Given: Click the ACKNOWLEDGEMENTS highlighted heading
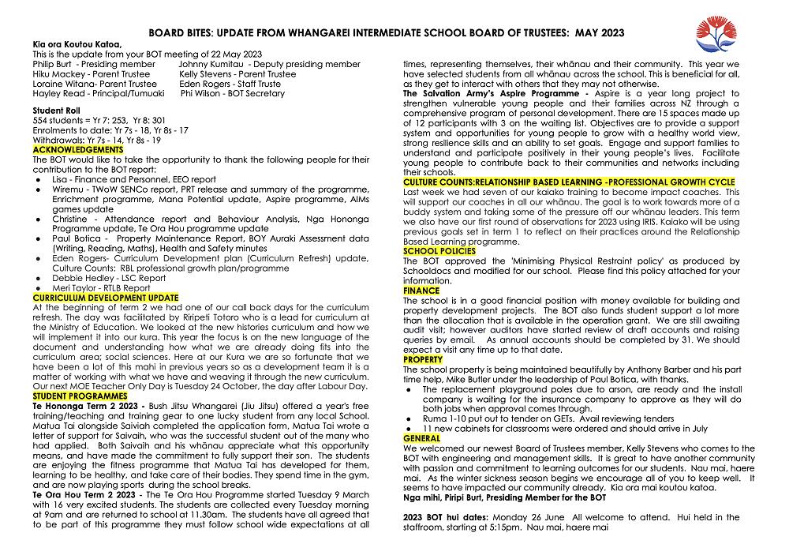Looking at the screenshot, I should point(78,149).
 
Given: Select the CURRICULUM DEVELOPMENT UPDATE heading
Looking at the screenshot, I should point(106,298).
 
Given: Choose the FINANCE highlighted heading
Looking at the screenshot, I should point(421,291).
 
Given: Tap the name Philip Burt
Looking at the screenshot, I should point(54,64).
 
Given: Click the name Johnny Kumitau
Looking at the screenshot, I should point(211,64).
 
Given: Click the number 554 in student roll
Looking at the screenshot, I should point(41,120).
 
